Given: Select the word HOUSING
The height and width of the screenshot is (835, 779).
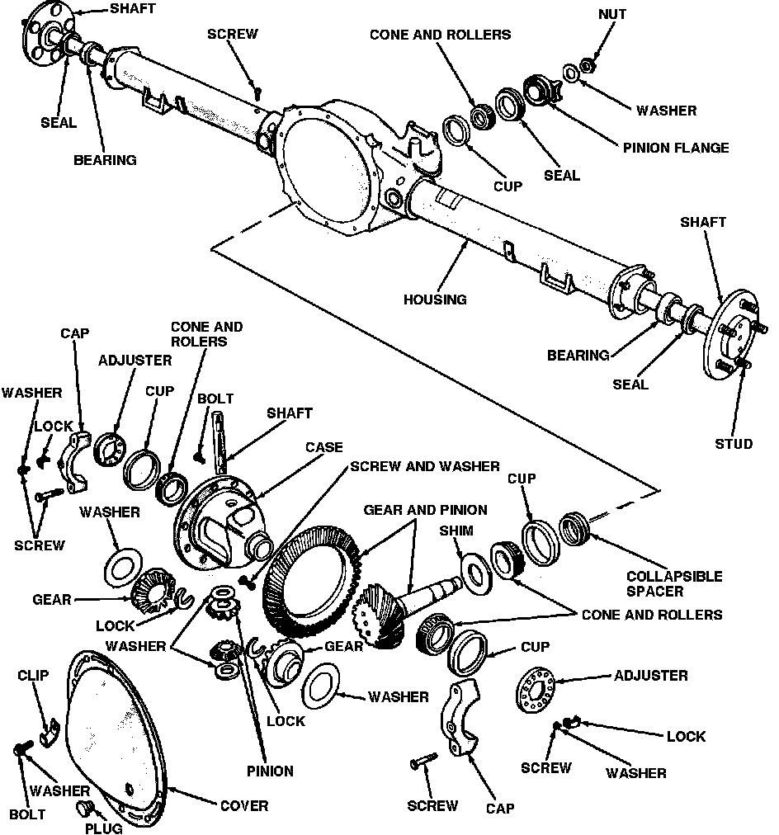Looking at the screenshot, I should (435, 299).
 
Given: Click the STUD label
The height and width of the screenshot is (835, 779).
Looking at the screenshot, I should (734, 444).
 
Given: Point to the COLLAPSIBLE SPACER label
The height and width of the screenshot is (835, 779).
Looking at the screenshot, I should (673, 583).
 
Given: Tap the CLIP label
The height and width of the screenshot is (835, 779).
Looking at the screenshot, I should (33, 676).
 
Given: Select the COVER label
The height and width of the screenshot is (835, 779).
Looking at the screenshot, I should (243, 805).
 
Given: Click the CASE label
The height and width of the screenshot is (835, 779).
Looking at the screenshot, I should (323, 447).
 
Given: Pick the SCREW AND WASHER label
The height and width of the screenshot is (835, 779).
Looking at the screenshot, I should (424, 466).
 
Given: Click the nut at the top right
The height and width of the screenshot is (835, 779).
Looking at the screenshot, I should (587, 64).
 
